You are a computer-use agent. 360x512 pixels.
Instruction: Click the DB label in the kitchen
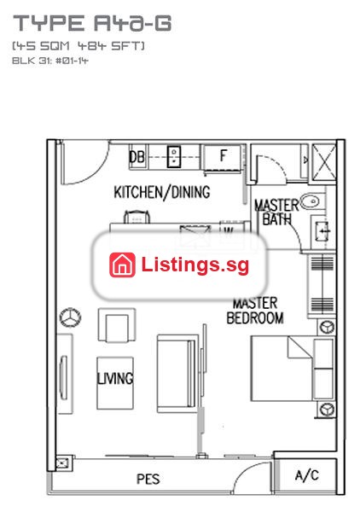click(x=136, y=157)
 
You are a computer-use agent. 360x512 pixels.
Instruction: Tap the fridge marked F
click(x=223, y=157)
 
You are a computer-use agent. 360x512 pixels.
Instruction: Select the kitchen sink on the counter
click(x=174, y=157)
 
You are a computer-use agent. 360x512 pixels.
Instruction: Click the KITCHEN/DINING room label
click(x=162, y=192)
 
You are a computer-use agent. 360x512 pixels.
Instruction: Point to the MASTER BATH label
click(x=276, y=212)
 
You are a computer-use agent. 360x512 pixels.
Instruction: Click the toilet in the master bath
click(x=321, y=230)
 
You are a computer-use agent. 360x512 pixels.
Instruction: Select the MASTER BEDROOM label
click(x=255, y=311)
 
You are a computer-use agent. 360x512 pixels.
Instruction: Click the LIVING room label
click(x=115, y=378)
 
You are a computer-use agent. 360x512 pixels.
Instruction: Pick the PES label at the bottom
click(x=148, y=480)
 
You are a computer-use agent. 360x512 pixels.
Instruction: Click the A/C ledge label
click(x=307, y=475)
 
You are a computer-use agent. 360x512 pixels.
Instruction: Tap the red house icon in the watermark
click(x=122, y=265)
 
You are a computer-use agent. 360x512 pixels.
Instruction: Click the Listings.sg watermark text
click(x=195, y=265)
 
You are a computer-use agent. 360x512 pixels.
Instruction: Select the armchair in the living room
click(x=117, y=325)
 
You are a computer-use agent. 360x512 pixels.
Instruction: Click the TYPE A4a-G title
click(x=92, y=23)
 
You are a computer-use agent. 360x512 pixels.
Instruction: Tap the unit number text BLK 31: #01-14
click(x=50, y=61)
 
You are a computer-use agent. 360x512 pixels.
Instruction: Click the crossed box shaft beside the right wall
click(x=324, y=162)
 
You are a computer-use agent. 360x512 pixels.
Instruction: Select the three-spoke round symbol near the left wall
click(x=71, y=317)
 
